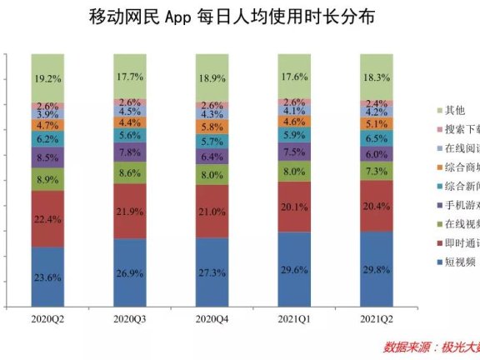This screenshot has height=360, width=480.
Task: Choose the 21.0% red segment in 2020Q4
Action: (x=218, y=212)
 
